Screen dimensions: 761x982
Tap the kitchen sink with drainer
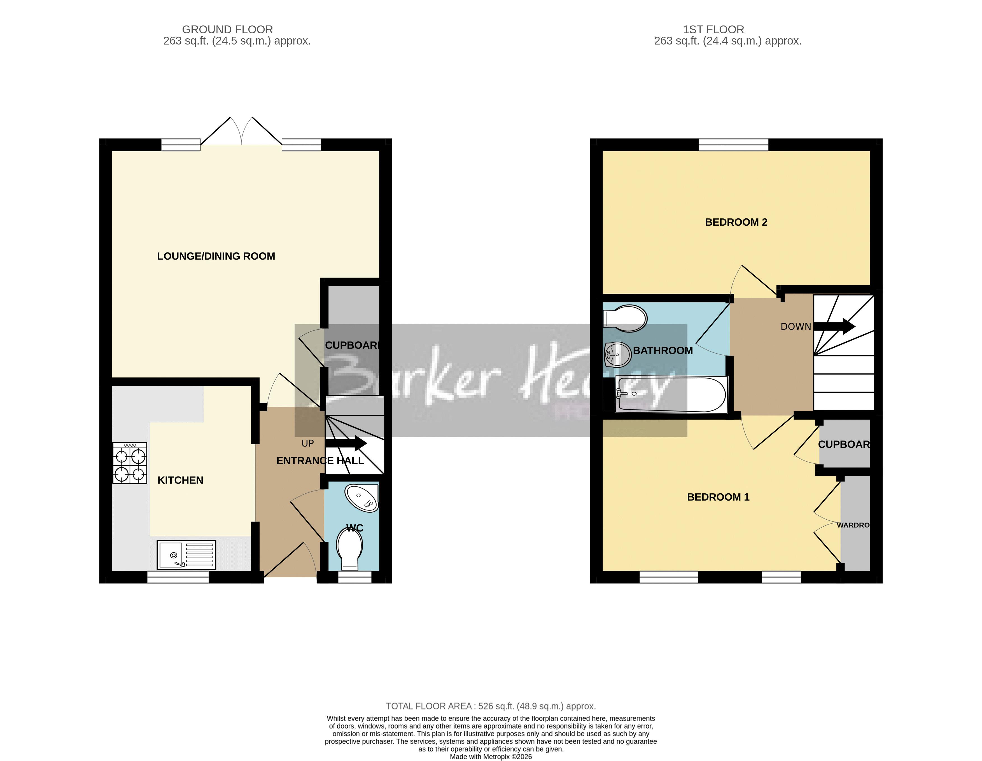point(186,555)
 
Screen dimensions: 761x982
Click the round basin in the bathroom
point(618,355)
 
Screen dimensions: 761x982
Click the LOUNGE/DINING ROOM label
point(216,256)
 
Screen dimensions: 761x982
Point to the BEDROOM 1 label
point(718,497)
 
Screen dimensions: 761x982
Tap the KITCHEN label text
point(180,480)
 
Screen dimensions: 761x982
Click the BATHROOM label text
point(663,350)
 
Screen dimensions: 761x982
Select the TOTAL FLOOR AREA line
point(491,706)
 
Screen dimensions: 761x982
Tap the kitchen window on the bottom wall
point(178,577)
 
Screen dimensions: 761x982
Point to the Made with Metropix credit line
point(491,757)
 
